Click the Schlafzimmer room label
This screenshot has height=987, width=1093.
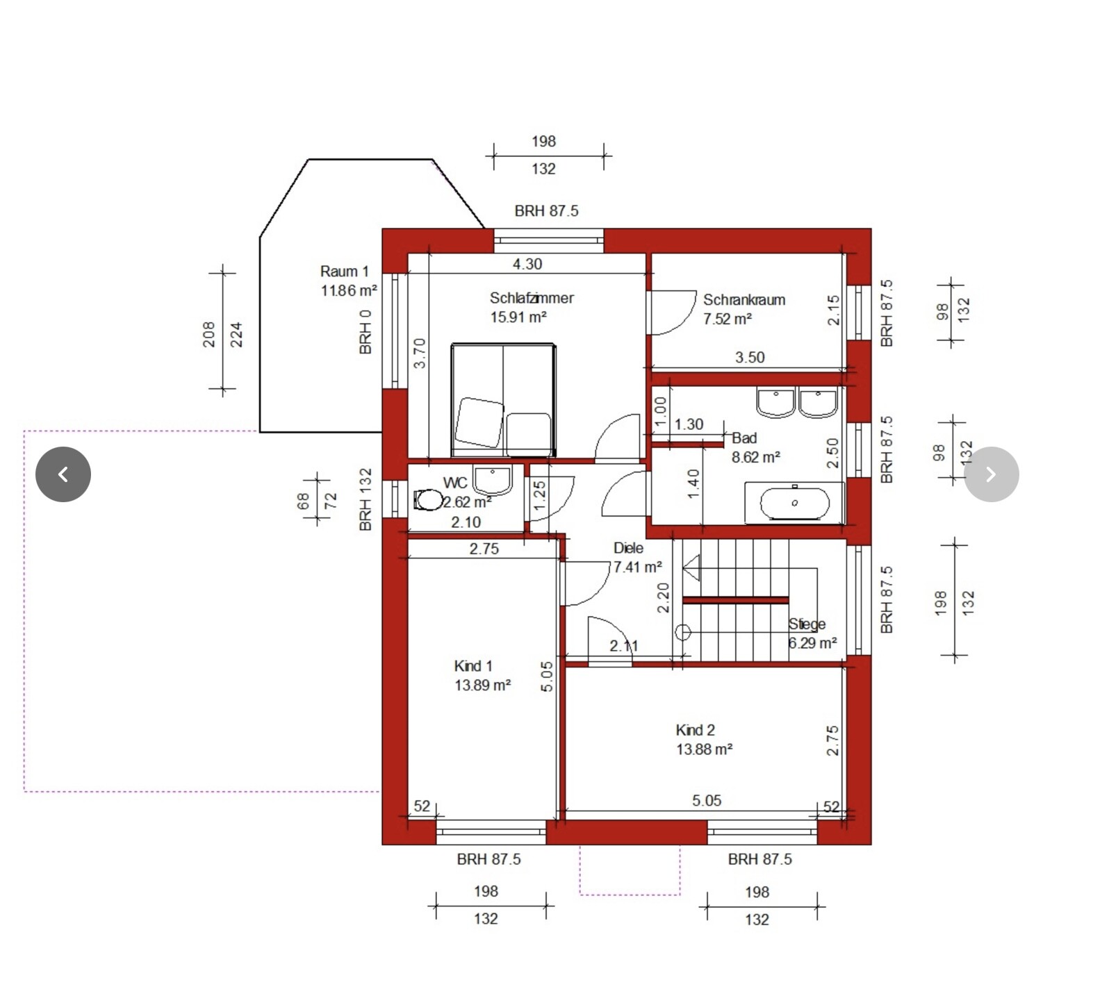[531, 298]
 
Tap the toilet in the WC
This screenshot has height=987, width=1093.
[429, 499]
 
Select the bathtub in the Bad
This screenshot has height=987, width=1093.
[794, 504]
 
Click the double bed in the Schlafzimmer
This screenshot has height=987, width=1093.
[503, 399]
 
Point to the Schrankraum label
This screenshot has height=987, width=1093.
[743, 300]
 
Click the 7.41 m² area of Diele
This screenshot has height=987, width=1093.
[637, 567]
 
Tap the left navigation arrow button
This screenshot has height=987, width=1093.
[63, 474]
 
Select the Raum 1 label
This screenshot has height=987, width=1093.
[344, 272]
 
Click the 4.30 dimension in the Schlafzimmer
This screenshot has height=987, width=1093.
[527, 264]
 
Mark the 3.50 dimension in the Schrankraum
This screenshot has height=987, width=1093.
[750, 357]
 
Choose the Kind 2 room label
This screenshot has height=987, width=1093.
[695, 730]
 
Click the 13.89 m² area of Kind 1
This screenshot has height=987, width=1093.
[482, 685]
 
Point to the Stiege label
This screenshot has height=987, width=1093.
[807, 624]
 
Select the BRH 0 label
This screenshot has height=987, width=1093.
[365, 332]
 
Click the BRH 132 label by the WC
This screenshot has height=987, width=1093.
[365, 499]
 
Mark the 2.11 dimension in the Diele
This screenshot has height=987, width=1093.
[623, 645]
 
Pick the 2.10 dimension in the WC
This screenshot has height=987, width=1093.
[465, 522]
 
